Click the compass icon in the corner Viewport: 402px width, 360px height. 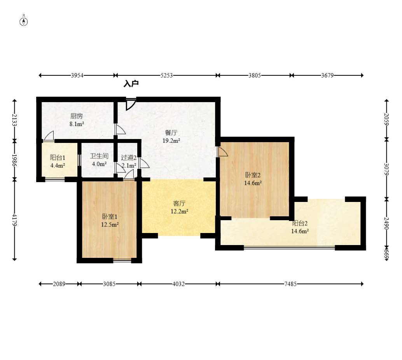tap(24, 21)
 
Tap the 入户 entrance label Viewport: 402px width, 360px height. tap(131, 84)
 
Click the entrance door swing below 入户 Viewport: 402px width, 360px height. tap(131, 104)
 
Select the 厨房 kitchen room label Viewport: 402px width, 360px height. tap(77, 116)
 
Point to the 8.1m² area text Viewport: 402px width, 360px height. tap(77, 124)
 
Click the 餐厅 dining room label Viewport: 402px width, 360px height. tap(171, 133)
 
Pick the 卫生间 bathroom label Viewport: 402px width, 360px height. tap(99, 156)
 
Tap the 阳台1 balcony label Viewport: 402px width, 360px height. tap(58, 157)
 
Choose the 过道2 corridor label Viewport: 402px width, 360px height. tap(129, 157)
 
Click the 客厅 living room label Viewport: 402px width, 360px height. tap(179, 203)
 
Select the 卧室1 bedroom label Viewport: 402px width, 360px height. tap(110, 217)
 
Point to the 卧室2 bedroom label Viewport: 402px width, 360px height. tap(253, 175)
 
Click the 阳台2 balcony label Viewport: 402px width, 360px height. tap(300, 223)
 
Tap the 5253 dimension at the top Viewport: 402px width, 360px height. tap(167, 75)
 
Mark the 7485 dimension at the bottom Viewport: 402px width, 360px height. tap(290, 284)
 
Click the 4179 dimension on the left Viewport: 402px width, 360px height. tap(14, 220)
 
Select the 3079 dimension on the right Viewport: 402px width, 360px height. tap(386, 169)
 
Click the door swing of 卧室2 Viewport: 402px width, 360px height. tap(222, 151)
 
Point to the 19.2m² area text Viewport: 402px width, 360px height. tap(171, 141)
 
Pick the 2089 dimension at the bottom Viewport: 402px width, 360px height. tap(59, 284)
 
